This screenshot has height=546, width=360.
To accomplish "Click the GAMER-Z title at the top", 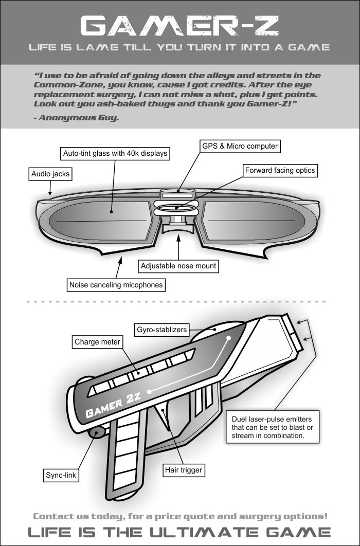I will coord(179,25).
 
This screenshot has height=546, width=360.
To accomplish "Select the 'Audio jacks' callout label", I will coord(50,174).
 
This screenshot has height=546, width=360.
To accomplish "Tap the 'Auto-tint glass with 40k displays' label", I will coord(115,153).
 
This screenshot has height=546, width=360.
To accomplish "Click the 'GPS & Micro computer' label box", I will coord(240,147).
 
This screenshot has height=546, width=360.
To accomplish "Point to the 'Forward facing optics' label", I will coord(280,170).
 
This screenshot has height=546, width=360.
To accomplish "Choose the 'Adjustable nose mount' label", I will coord(178,266).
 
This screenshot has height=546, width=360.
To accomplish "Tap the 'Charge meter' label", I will coord(97,341).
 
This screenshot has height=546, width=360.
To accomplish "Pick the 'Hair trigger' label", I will coord(184,470).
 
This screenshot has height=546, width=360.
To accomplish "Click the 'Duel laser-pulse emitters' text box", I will coord(273,426).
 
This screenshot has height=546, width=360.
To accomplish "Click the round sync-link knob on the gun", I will coord(95,433).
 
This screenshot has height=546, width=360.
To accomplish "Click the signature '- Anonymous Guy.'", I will coord(76,118).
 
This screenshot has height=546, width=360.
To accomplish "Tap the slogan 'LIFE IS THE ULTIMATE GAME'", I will coord(179,532).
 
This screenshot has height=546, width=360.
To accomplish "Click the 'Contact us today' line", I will coord(179,516).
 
